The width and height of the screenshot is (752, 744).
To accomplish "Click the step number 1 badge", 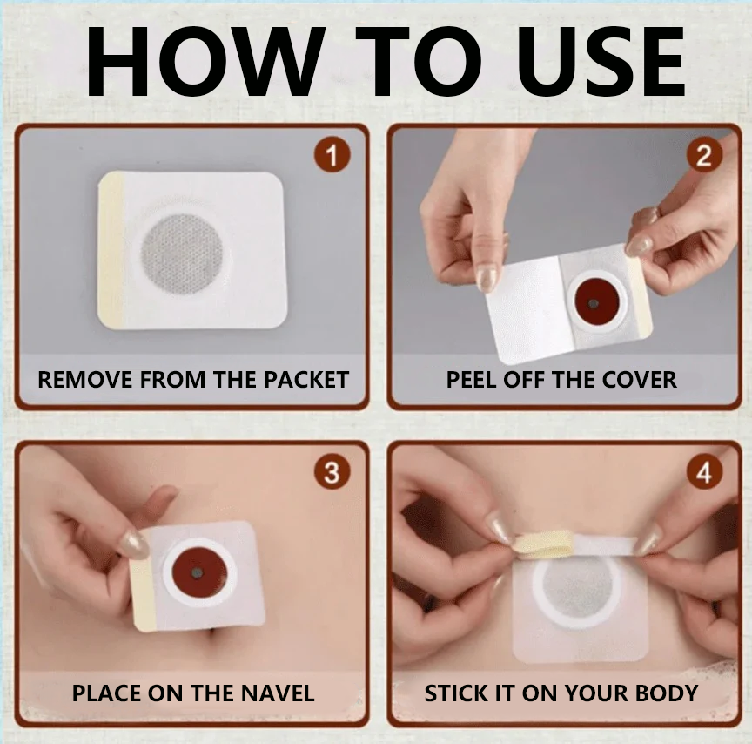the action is click(x=332, y=155).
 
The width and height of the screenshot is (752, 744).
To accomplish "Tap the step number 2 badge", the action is click(x=703, y=155).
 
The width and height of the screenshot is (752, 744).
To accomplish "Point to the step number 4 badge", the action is click(x=703, y=472).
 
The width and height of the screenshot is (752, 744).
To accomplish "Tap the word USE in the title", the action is click(x=601, y=62).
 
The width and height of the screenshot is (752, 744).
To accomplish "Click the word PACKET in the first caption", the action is click(x=306, y=380).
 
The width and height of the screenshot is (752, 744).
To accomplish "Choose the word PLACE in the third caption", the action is click(x=107, y=693).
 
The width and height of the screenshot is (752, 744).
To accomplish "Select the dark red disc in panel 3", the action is click(x=197, y=572).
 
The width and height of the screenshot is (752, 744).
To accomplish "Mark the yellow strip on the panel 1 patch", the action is click(x=111, y=250).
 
